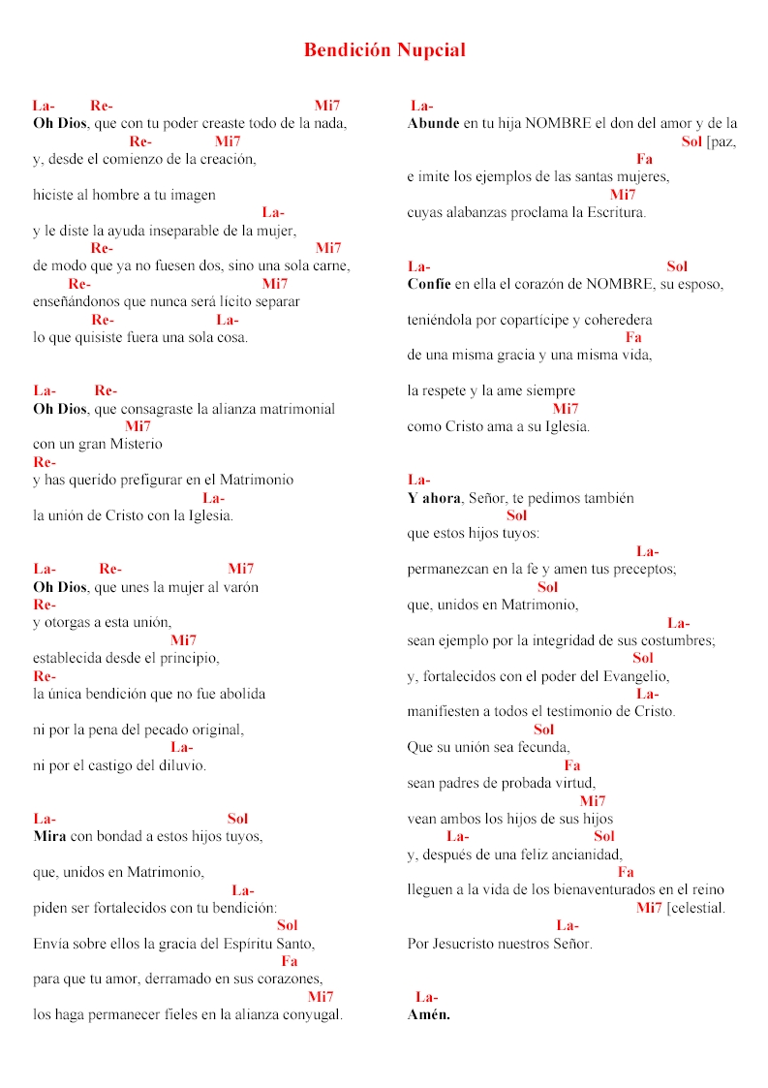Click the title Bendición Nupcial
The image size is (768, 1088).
384,49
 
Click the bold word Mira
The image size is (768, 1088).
49,836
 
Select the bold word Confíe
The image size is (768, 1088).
430,284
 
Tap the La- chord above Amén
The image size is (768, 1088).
426,997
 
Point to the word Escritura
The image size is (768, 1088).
612,212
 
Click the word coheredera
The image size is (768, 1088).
610,319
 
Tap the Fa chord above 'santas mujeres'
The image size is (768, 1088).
644,159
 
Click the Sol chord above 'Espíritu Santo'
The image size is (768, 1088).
288,924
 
